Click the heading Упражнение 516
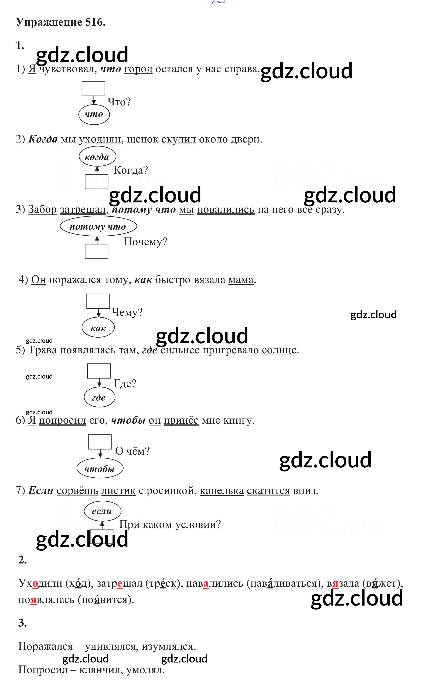point(61,22)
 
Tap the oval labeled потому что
point(98,226)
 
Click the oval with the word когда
point(97,157)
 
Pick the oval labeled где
point(99,398)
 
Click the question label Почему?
point(145,242)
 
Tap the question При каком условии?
point(170,524)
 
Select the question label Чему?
point(127,312)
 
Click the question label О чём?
point(132,451)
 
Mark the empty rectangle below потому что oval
point(96,251)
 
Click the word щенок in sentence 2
point(142,139)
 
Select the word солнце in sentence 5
point(279,350)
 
